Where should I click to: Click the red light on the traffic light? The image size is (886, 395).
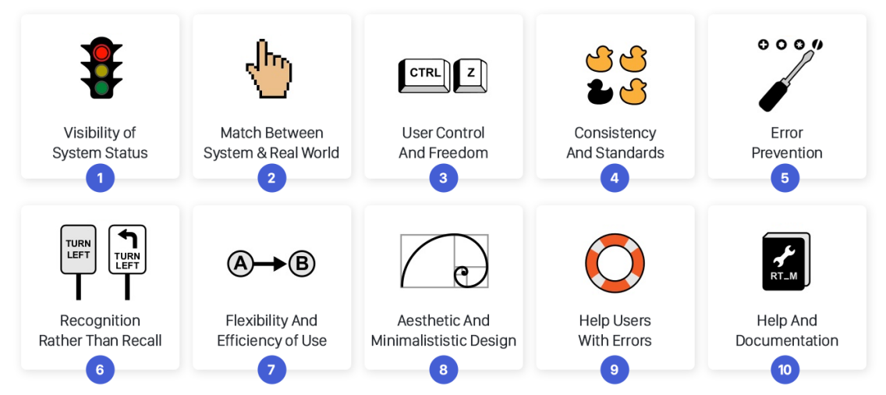101,53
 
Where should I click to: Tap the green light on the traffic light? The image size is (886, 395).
101,87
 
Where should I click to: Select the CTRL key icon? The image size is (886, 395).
425,74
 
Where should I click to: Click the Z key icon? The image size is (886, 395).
470,74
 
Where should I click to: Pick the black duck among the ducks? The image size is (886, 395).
599,91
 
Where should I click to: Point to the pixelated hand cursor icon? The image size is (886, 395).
269,69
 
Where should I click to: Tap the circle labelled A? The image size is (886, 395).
240,264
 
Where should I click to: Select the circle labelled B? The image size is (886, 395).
302,264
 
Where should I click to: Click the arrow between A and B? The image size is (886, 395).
271,264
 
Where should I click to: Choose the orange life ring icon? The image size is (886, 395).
615,262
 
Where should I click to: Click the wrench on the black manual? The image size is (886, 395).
783,254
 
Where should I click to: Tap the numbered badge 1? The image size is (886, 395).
100,178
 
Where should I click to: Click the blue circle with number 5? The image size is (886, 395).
785,178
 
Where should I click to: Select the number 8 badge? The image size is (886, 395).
443,369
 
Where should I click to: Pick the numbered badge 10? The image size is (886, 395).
785,369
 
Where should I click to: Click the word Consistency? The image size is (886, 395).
615,133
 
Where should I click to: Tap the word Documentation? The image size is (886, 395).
786,340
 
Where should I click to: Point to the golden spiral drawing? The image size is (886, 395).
443,261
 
